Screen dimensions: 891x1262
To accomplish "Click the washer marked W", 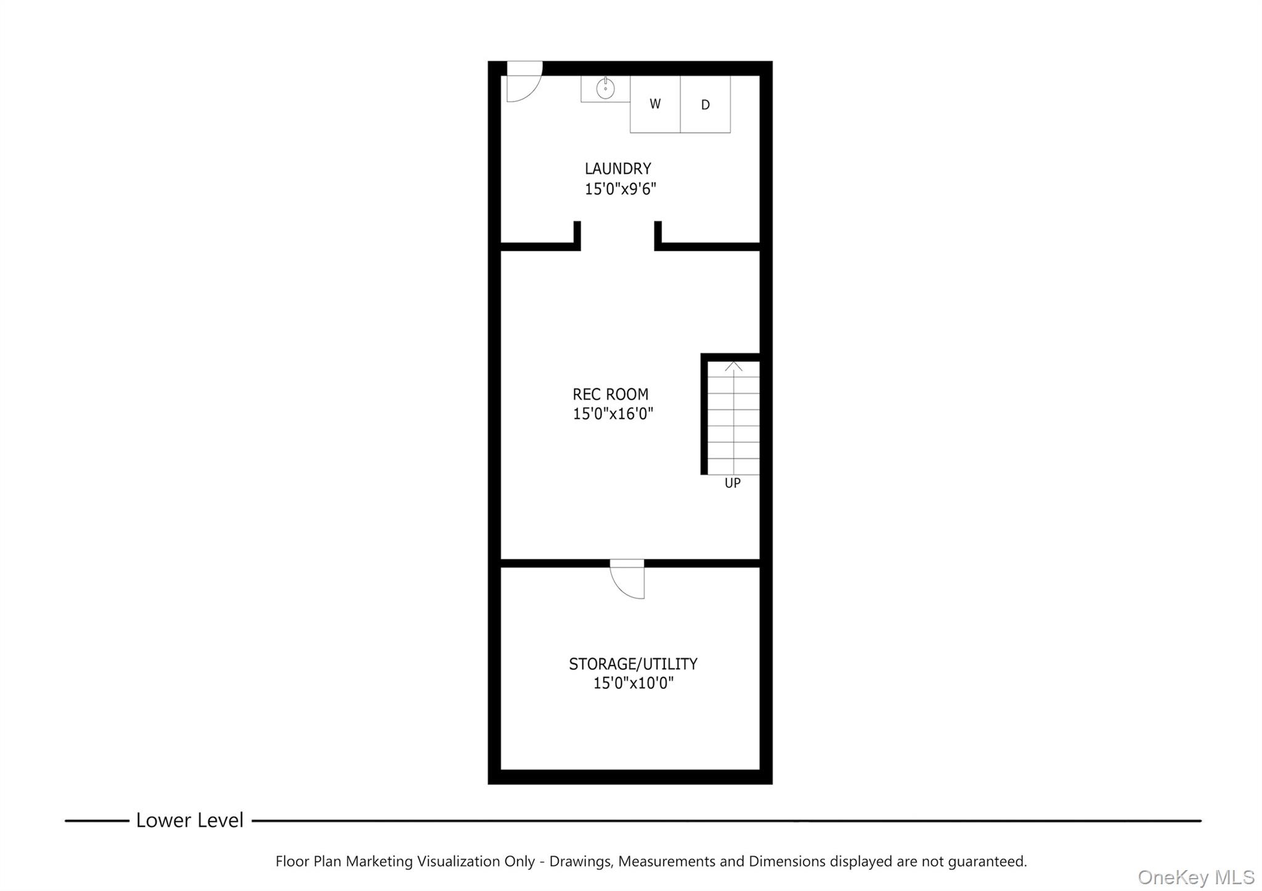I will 654,104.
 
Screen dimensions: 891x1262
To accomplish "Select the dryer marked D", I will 706,105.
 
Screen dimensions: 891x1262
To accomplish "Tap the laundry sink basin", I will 605,89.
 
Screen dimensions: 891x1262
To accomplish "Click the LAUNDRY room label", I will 617,168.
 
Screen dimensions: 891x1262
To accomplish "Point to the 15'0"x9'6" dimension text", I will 620,189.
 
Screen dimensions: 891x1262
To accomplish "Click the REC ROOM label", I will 610,394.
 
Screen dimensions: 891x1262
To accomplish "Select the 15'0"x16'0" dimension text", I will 613,413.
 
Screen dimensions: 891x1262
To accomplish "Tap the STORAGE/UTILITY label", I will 633,664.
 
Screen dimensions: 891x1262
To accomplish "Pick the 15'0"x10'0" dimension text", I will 633,683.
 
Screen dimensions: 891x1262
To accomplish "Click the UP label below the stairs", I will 732,483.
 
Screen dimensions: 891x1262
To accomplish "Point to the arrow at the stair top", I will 733,367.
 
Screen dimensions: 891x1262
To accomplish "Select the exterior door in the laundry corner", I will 523,83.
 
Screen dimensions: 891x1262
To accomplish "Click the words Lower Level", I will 190,820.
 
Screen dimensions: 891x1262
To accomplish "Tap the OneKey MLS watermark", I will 1195,877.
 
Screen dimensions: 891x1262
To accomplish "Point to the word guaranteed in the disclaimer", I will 987,861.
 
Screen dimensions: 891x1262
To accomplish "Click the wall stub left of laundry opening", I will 577,235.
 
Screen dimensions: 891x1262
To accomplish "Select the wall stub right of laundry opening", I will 658,235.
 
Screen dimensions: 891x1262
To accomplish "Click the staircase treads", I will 733,419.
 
